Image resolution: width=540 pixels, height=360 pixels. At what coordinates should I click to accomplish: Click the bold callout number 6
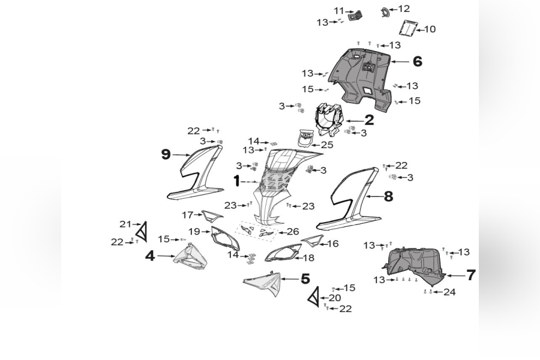coord(417,61)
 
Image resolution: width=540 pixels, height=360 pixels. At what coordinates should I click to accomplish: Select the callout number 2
coord(369,120)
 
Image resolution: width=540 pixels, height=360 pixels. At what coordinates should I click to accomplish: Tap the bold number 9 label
coord(166,154)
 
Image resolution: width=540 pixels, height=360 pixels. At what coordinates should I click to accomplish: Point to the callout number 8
coord(388,196)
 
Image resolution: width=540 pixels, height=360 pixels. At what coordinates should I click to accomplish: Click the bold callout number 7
coord(471,275)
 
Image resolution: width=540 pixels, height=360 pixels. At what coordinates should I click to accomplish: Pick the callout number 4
coord(150,256)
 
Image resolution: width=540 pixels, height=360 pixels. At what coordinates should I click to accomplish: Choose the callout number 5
coord(305,279)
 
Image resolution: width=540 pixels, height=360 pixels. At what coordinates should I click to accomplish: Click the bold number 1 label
coord(237,181)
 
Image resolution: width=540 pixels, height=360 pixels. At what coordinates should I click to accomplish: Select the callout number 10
coord(430,29)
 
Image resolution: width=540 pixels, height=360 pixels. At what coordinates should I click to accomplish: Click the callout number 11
coord(339,11)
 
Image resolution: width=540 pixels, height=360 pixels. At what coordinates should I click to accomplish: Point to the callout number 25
coord(327,145)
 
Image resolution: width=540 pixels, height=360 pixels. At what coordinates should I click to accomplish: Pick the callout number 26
coord(293,232)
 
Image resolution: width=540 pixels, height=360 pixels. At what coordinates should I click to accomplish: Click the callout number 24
coord(449,292)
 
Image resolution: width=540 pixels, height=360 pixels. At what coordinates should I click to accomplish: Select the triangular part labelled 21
coord(141,232)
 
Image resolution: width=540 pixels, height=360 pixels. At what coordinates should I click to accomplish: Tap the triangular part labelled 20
coord(314,297)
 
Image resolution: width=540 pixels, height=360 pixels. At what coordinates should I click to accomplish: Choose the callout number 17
coord(188,215)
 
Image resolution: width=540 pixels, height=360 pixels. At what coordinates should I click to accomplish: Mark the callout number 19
coord(194,231)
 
